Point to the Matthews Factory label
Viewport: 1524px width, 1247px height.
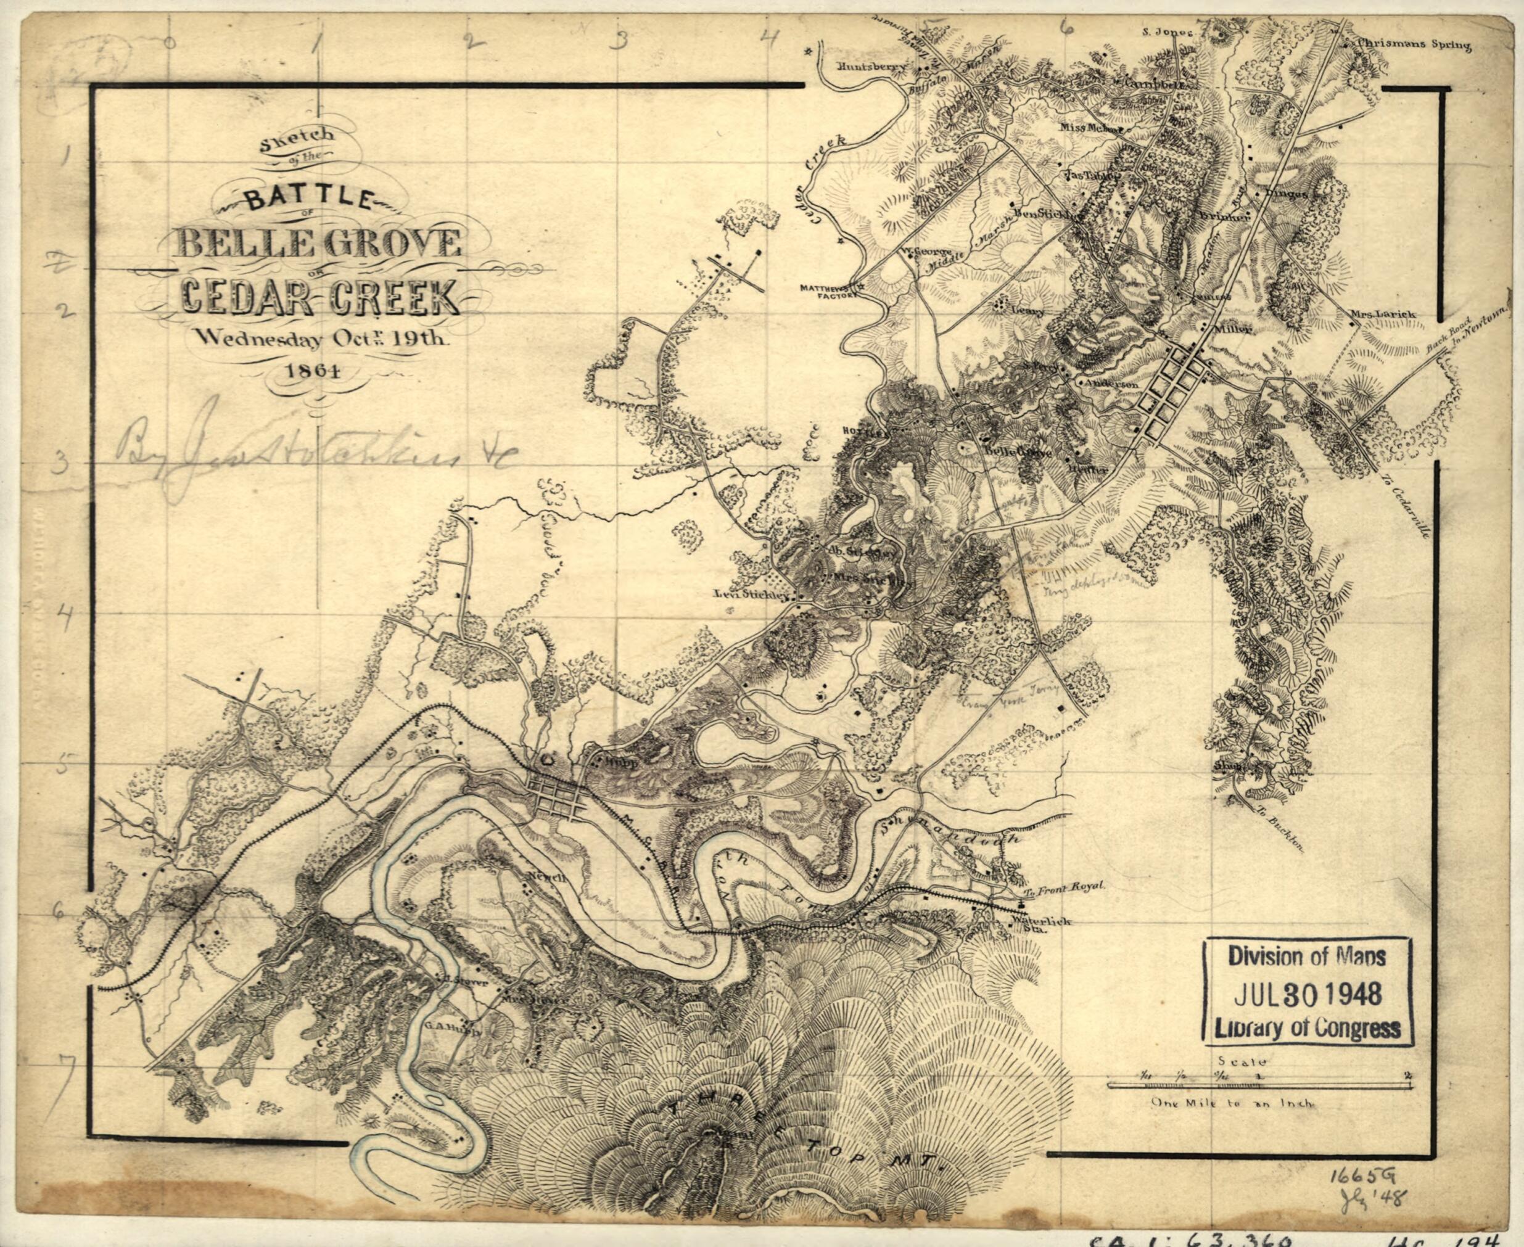tap(825, 292)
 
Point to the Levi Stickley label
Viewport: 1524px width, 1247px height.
tap(751, 595)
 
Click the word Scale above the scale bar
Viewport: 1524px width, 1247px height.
tap(1243, 1060)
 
